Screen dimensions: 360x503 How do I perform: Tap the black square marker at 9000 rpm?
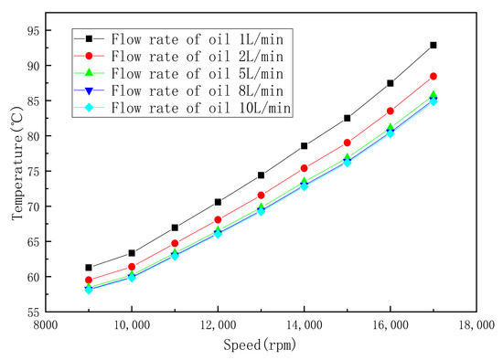coord(89,268)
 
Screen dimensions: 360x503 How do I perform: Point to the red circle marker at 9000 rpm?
coord(89,281)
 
